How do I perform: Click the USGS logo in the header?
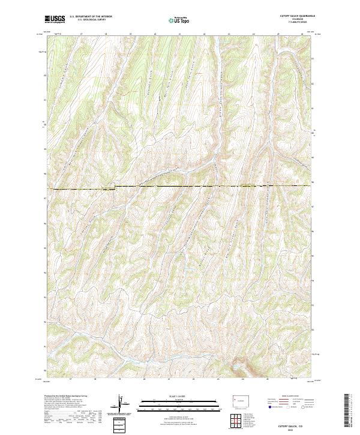click(55, 19)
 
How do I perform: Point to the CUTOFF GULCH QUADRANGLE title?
click(294, 16)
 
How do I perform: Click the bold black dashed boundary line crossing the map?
click(180, 187)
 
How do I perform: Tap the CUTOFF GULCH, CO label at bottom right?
click(294, 423)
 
